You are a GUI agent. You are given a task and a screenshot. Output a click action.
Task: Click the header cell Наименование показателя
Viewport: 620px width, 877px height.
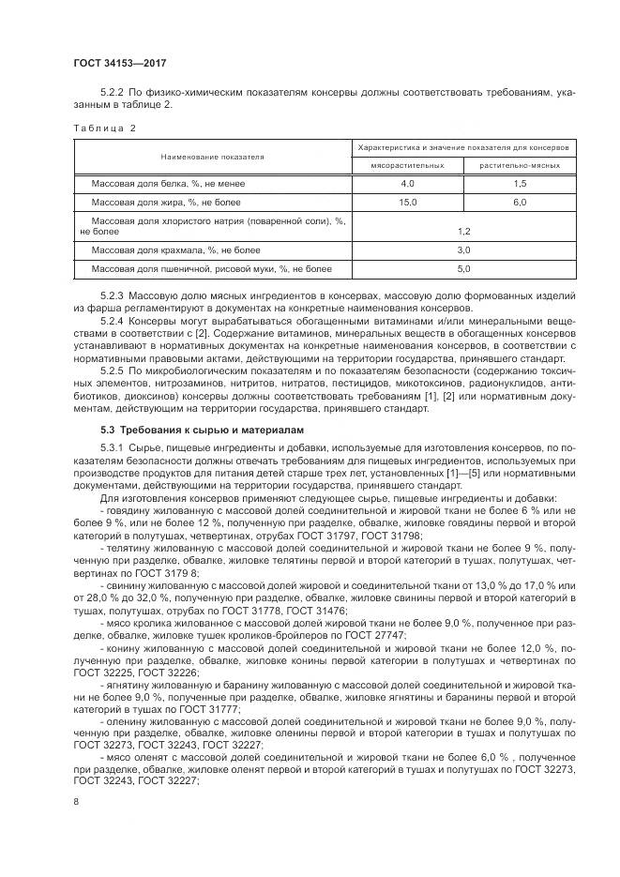click(212, 156)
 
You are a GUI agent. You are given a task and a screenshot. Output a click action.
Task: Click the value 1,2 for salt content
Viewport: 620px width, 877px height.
click(462, 230)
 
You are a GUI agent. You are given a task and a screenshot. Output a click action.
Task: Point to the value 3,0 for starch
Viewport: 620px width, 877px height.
click(462, 250)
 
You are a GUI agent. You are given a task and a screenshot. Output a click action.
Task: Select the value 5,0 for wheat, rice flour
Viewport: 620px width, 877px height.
click(462, 269)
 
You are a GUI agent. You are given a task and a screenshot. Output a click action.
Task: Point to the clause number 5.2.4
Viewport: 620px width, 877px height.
click(113, 322)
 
